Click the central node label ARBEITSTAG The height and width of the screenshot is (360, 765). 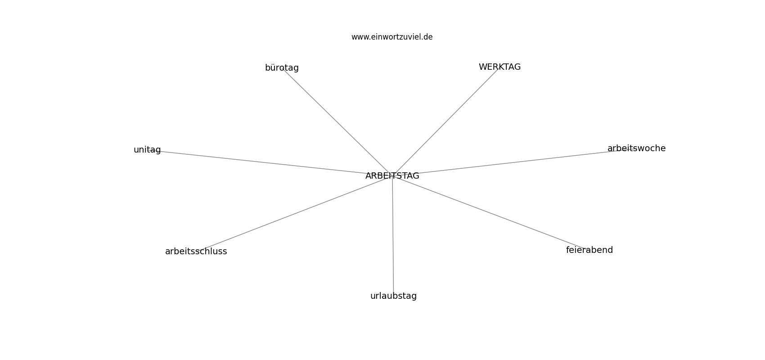coord(392,176)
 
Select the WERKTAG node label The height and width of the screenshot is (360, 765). coord(499,67)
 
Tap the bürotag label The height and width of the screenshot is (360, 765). coord(282,67)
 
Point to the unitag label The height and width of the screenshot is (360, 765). coord(147,150)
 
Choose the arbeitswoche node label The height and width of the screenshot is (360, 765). coord(637,148)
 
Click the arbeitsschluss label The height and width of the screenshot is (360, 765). coord(196,252)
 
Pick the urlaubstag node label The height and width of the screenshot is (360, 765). coord(393,296)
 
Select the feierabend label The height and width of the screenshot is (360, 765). coord(589,250)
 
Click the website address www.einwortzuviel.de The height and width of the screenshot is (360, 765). coord(392,37)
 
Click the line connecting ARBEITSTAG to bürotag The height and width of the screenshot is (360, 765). coord(337,122)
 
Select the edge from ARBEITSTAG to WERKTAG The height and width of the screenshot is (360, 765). coord(446,121)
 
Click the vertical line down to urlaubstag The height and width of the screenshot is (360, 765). coord(393,236)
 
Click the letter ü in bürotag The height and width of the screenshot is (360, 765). coord(273,67)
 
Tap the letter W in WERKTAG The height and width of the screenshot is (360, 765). coord(482,67)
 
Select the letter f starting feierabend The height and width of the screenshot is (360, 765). coord(568,250)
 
